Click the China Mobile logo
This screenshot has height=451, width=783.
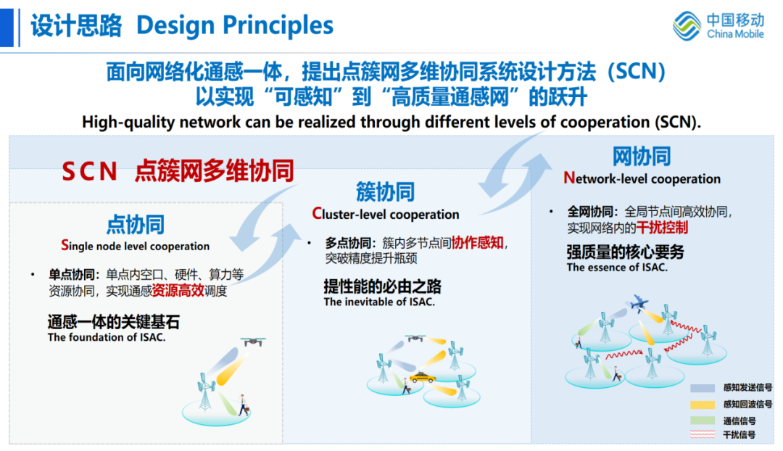(718, 25)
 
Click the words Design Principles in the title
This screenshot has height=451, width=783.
(235, 25)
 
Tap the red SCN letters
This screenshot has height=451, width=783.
(89, 171)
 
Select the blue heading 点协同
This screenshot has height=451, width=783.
(136, 225)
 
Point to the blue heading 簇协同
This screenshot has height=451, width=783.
(385, 192)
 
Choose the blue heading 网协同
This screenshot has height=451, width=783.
(642, 157)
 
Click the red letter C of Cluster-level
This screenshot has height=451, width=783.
(317, 214)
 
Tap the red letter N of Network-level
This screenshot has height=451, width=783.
(569, 178)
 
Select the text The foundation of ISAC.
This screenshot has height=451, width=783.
(107, 337)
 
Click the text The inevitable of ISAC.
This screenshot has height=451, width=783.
(379, 302)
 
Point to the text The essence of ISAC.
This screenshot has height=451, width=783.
(617, 268)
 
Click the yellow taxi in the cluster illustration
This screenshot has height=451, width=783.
(422, 377)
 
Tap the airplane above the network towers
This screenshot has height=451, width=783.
(639, 302)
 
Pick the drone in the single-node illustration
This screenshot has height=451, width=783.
(253, 342)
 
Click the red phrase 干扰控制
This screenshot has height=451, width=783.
(662, 228)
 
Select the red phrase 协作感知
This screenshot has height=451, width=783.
(477, 243)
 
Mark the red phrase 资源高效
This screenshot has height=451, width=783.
(178, 291)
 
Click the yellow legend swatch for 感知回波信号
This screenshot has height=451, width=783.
(703, 405)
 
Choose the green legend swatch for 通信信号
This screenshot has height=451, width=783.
(703, 421)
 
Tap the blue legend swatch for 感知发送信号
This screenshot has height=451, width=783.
(703, 388)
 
